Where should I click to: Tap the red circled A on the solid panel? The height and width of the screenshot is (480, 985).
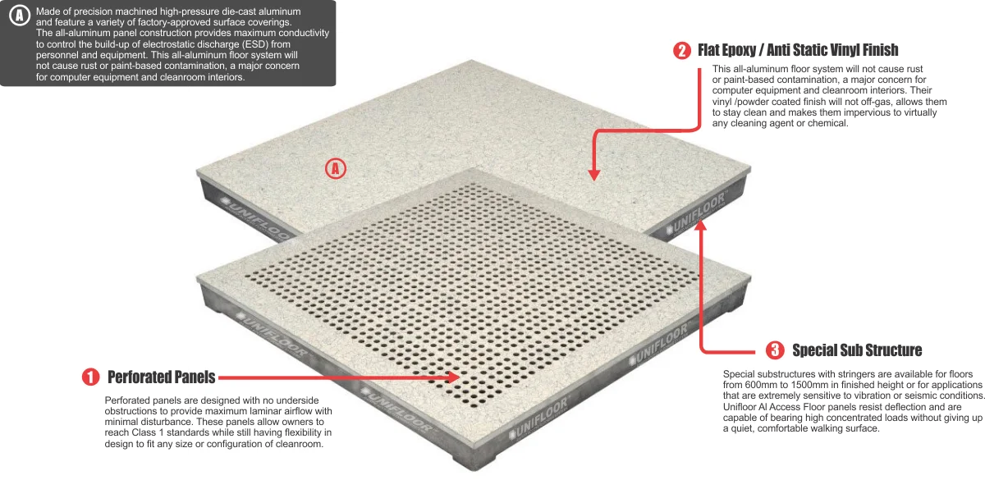(336, 169)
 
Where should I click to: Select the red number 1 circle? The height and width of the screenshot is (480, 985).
(90, 377)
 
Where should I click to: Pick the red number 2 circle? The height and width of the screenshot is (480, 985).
(682, 51)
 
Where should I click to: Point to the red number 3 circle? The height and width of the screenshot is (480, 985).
(775, 351)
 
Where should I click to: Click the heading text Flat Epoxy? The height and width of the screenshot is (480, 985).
(728, 51)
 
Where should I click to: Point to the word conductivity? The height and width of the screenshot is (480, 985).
(298, 33)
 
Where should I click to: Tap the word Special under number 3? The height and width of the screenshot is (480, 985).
(738, 374)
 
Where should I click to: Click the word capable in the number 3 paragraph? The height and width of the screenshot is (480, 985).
(740, 417)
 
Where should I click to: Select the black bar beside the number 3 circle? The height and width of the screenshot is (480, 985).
(856, 351)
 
